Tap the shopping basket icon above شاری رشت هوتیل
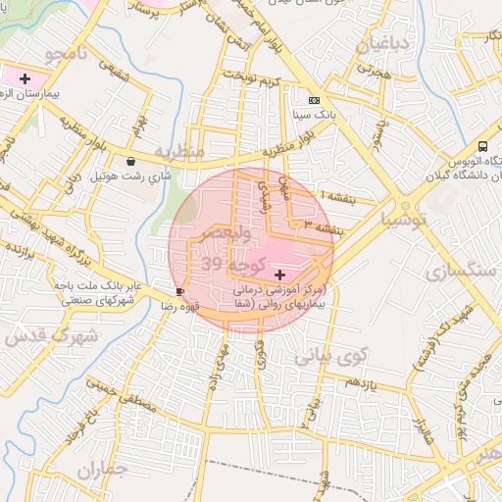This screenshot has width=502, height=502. point(131,162)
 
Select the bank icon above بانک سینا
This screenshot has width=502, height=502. point(313,100)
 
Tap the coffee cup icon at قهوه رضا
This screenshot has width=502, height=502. point(179,292)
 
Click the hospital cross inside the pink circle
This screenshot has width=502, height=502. point(281,274)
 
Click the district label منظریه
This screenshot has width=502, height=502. point(179,152)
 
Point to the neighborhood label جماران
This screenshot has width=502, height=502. point(102,470)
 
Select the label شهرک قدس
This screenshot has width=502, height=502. point(50,336)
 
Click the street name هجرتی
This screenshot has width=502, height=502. point(374,73)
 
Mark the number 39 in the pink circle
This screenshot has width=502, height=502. point(212,264)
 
